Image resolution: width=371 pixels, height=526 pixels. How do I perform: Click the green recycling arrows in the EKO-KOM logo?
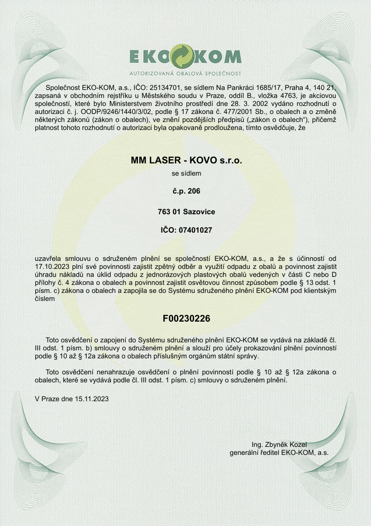tap(185, 56)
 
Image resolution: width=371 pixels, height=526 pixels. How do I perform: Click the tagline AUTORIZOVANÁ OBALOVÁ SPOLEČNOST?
tap(185, 74)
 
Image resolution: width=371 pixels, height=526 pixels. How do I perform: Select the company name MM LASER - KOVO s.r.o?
tap(186, 161)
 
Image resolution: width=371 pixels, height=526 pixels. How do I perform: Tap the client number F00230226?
tap(186, 318)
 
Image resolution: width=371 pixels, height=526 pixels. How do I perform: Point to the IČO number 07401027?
tap(194, 230)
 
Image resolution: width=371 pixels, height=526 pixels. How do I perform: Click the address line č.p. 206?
tap(186, 192)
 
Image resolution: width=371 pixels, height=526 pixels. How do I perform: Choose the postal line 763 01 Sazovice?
tap(186, 212)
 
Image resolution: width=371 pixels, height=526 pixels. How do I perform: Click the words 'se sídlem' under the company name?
tap(186, 173)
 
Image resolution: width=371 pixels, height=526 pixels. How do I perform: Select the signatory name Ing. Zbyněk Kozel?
tap(279, 444)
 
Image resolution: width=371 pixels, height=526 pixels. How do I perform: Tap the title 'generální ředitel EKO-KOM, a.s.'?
tap(279, 452)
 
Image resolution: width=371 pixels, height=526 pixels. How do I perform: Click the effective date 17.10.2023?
tap(52, 266)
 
